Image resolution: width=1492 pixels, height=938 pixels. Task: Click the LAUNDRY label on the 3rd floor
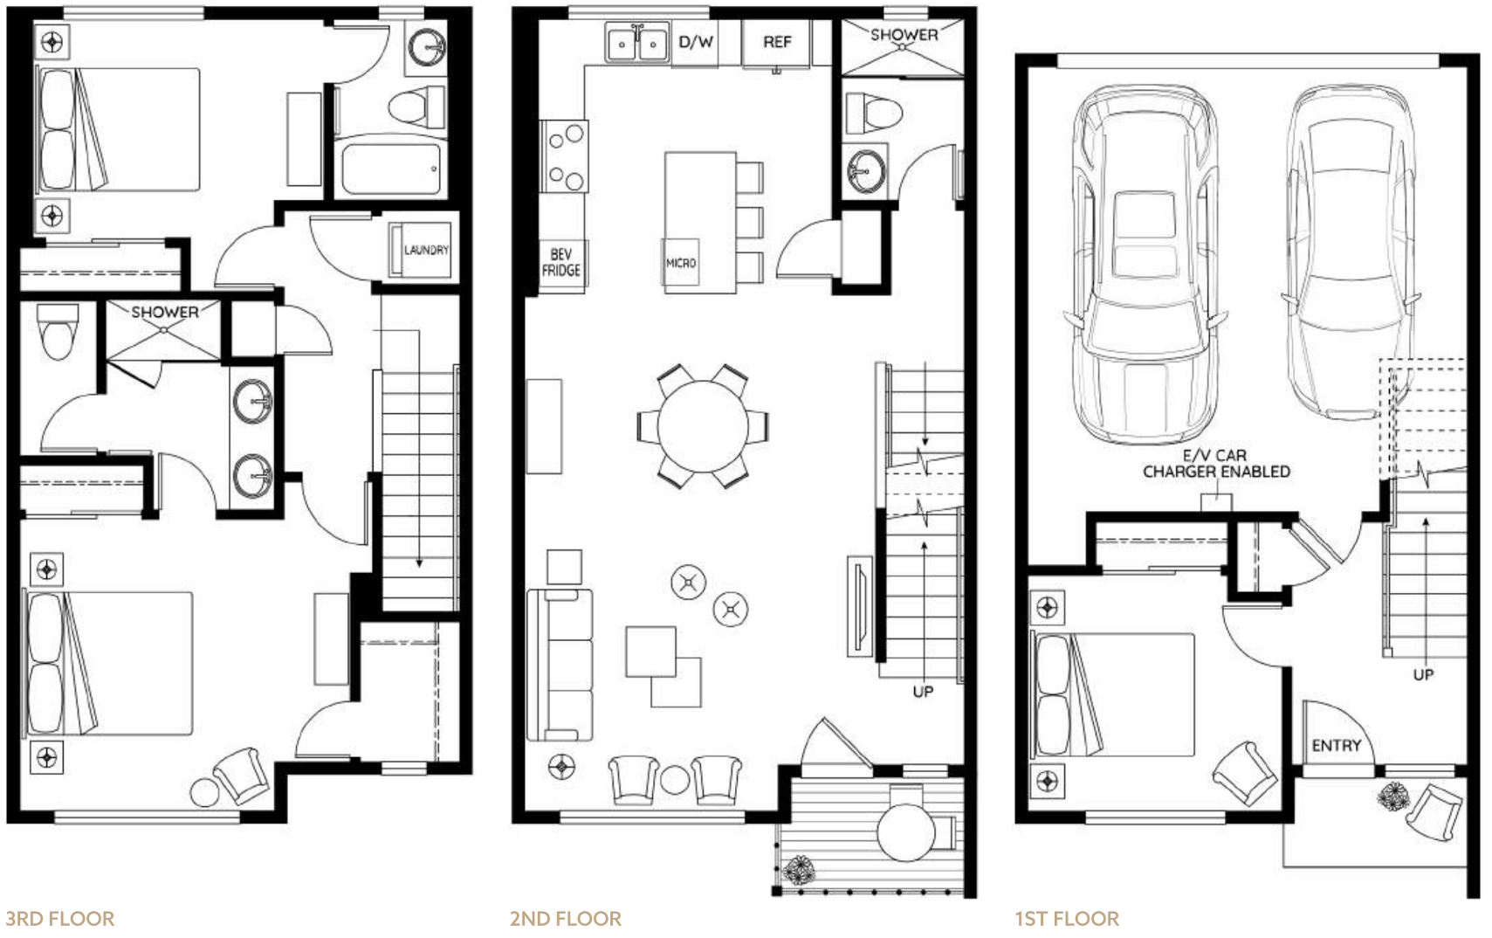pos(426,250)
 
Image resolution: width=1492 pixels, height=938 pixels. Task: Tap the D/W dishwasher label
pos(696,42)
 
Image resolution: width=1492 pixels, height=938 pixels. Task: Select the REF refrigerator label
pos(777,42)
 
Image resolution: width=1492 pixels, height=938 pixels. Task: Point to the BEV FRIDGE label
pos(560,263)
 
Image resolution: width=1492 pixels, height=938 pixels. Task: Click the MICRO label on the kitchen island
pos(681,263)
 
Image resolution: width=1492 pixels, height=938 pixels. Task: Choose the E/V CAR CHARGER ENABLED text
pos(1216,464)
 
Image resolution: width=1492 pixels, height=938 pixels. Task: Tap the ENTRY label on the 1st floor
pos(1336,746)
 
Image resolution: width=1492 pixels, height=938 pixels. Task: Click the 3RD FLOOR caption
pos(60,919)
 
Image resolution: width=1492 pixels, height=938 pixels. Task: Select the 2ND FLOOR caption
pos(566,919)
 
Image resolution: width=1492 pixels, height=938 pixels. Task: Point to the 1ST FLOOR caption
pos(1067,919)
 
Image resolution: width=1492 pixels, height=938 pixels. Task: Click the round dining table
pos(703,426)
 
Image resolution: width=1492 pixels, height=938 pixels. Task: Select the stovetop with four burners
pos(564,156)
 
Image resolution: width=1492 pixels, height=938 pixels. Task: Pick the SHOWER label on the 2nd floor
pos(904,35)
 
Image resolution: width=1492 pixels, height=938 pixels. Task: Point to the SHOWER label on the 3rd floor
pos(164,312)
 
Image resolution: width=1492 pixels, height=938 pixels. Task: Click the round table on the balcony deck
pos(906,832)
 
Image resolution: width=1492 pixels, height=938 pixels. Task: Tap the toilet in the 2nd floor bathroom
pos(874,114)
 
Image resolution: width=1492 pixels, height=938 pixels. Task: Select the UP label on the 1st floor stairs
pos(1423,675)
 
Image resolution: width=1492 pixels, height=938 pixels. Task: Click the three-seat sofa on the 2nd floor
pos(560,665)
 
